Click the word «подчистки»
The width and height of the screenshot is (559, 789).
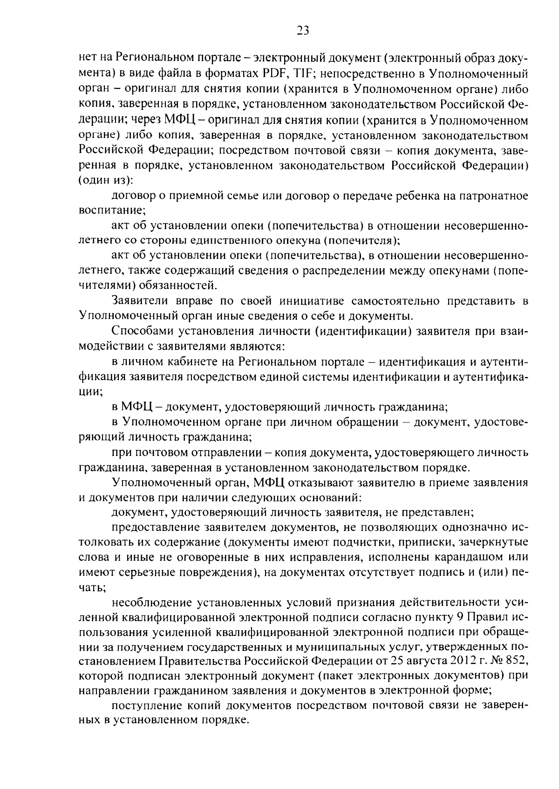392,542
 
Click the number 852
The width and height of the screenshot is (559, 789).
519,661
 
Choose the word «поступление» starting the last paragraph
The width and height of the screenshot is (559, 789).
146,706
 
